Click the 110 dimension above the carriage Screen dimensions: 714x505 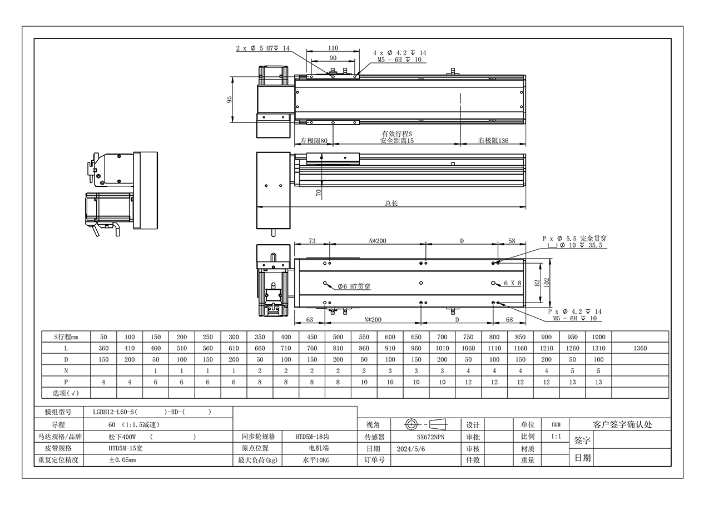(x=333, y=48)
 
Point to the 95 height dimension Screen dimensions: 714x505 (x=230, y=100)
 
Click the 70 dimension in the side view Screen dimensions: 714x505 (x=319, y=192)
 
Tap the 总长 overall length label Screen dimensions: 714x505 (x=391, y=203)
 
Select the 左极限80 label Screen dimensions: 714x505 (x=314, y=141)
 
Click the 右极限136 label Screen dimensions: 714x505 (x=493, y=141)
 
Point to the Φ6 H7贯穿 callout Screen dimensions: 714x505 (x=354, y=286)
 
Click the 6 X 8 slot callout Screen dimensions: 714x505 (x=513, y=283)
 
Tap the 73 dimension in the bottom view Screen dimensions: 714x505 (x=312, y=241)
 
